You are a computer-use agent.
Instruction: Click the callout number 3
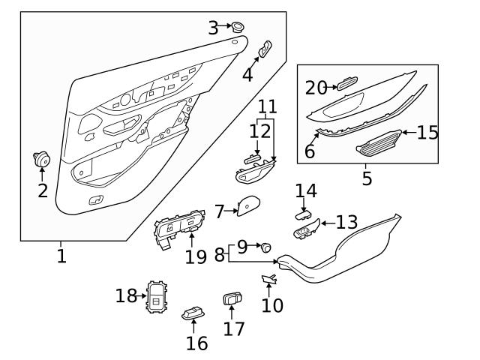(214, 28)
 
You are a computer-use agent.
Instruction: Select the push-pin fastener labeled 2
(40, 159)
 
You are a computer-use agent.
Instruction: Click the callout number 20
(316, 88)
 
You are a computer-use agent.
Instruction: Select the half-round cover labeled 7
(247, 207)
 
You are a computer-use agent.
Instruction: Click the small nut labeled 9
(265, 247)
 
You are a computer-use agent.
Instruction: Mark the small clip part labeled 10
(268, 280)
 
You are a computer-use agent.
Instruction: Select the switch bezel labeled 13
(306, 232)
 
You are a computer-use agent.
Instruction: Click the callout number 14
(306, 191)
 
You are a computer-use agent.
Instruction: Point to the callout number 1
(61, 256)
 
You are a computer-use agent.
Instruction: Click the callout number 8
(219, 254)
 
